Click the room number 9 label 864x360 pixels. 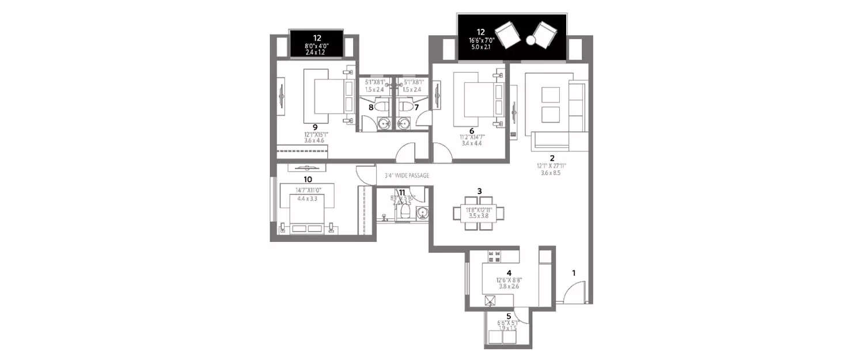pyautogui.click(x=315, y=127)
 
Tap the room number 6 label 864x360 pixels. pyautogui.click(x=472, y=131)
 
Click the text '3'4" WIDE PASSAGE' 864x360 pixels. pyautogui.click(x=407, y=176)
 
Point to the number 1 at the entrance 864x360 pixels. pyautogui.click(x=573, y=273)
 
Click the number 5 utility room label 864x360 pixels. pyautogui.click(x=509, y=316)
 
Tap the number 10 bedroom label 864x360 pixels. pyautogui.click(x=300, y=179)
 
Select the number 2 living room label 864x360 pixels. pyautogui.click(x=552, y=158)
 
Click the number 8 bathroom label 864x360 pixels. pyautogui.click(x=371, y=107)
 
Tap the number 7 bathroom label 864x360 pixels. pyautogui.click(x=416, y=107)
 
